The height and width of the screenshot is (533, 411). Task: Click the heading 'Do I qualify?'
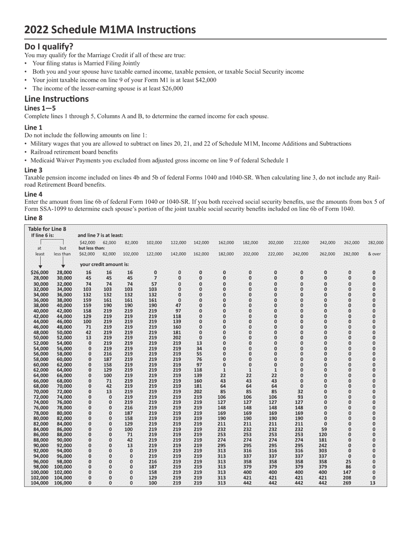[49, 46]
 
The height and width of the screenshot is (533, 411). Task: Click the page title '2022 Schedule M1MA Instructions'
[110, 29]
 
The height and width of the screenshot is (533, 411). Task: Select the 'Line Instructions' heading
[56, 99]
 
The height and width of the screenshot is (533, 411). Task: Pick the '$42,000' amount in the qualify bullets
[206, 80]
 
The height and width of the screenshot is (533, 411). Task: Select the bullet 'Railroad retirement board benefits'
[74, 152]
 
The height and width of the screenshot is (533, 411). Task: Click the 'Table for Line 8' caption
[47, 229]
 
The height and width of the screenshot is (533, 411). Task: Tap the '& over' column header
[374, 254]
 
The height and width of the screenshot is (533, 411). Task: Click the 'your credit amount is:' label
[104, 264]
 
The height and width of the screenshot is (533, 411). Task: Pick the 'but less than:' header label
[91, 248]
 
